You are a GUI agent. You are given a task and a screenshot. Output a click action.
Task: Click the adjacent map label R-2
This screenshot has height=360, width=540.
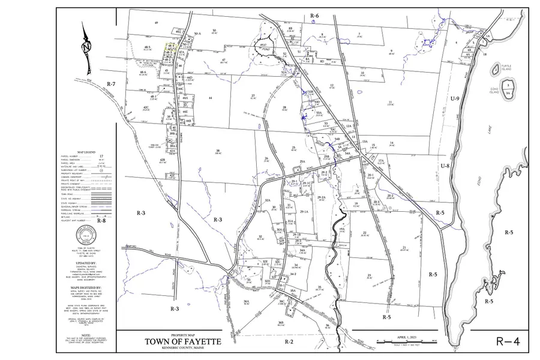(289, 341)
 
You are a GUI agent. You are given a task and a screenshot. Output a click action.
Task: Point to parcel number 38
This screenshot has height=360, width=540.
(218, 151)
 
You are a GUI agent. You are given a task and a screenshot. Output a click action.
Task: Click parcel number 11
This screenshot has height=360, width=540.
(390, 102)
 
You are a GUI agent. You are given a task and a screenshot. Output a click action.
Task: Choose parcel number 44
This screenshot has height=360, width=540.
(211, 97)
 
